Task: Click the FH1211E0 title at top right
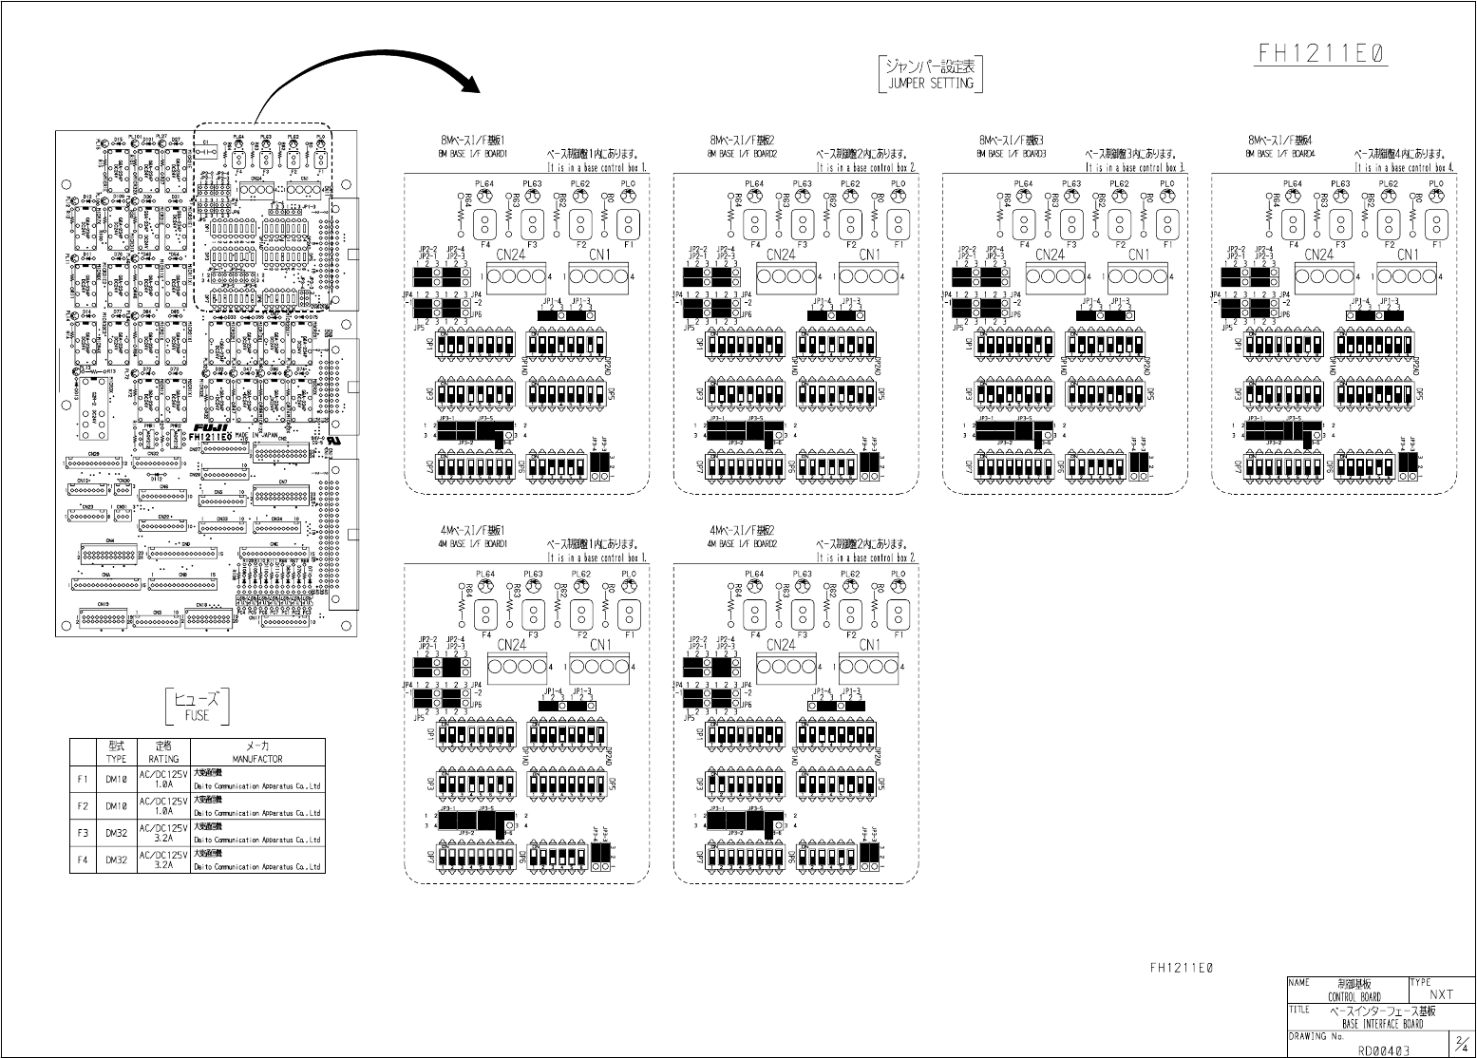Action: tap(1322, 53)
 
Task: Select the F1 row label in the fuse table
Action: tap(83, 779)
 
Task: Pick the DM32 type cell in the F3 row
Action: tap(116, 833)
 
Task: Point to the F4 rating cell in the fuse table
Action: tap(163, 860)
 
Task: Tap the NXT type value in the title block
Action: tap(1441, 994)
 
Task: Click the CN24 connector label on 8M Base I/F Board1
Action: tap(512, 255)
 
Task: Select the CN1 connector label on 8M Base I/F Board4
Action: tap(1408, 255)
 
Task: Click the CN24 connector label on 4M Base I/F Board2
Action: tap(781, 645)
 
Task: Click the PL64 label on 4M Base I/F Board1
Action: tap(485, 575)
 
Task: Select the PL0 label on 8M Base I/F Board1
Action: tap(629, 183)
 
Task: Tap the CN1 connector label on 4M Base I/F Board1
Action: tap(601, 645)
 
